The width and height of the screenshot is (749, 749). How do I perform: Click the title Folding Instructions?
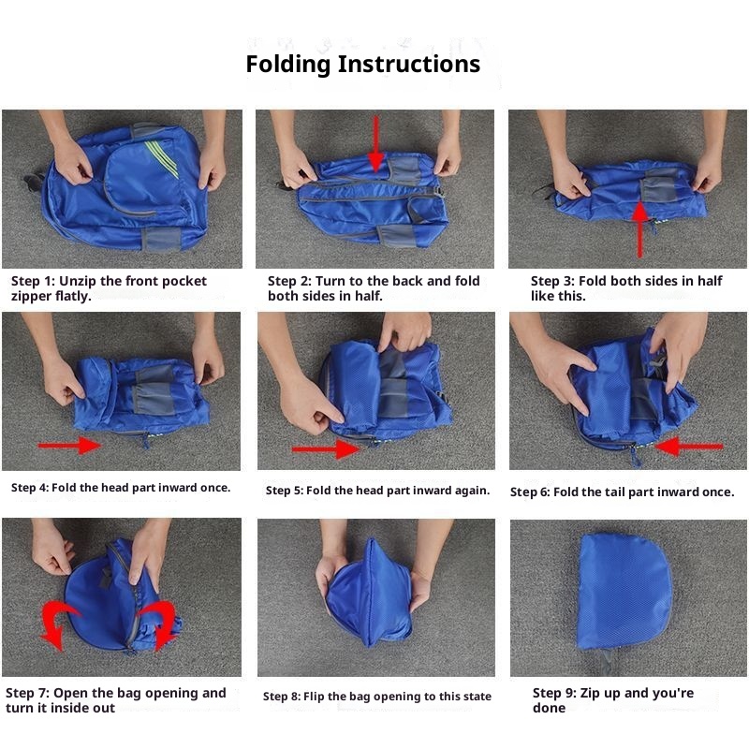362,64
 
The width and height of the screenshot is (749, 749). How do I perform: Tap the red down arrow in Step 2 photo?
376,143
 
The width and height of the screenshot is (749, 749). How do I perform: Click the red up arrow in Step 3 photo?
640,229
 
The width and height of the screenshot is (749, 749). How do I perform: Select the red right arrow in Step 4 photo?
69,446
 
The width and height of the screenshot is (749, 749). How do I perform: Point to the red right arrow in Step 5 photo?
326,449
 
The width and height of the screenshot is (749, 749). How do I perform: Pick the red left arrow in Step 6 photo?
689,447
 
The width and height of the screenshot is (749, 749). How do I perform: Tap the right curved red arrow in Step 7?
159,624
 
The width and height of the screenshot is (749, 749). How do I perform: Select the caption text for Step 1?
109,288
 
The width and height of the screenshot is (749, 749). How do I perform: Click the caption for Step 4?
121,488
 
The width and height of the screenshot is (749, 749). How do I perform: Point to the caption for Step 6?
622,492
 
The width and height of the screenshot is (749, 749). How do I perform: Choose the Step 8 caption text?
377,697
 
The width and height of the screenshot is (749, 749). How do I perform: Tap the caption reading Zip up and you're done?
613,700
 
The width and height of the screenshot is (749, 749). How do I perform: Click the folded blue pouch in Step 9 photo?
624,593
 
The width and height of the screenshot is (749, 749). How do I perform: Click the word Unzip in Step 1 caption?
77,281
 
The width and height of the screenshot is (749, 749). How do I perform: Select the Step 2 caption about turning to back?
374,288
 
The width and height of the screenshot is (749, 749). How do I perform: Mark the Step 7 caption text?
115,700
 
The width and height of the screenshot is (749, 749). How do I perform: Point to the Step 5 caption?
377,491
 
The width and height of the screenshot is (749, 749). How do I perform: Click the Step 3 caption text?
626,288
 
